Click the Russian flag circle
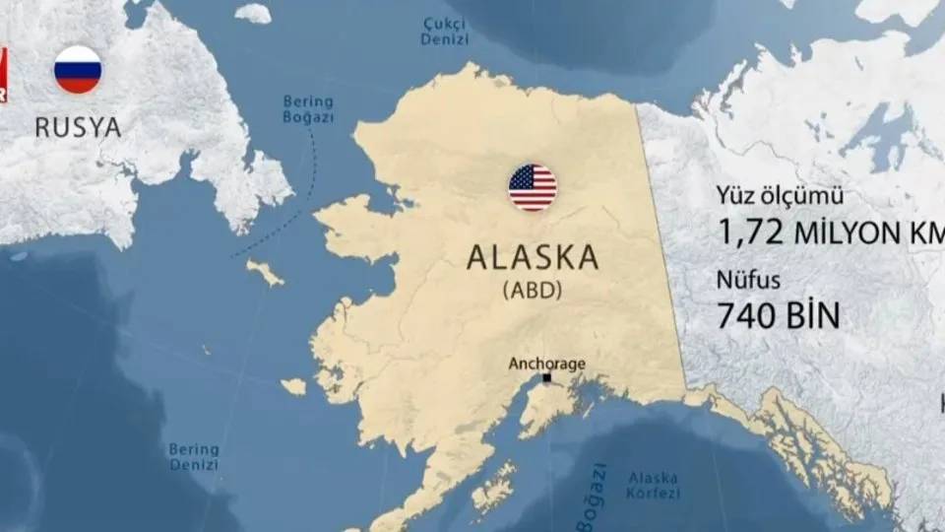tap(78, 70)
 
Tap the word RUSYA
tap(78, 127)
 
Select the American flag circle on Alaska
tap(533, 187)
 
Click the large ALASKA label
tap(533, 258)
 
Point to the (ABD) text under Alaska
tap(533, 292)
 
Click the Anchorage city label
tap(546, 364)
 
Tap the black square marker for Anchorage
tap(547, 378)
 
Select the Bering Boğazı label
tap(308, 108)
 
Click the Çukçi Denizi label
tap(445, 31)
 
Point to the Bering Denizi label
tap(194, 456)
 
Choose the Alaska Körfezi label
tap(653, 485)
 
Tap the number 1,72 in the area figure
tap(751, 233)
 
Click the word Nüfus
tap(748, 281)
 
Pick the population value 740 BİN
tap(779, 316)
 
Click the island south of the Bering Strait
tap(265, 271)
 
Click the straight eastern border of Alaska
tap(661, 246)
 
